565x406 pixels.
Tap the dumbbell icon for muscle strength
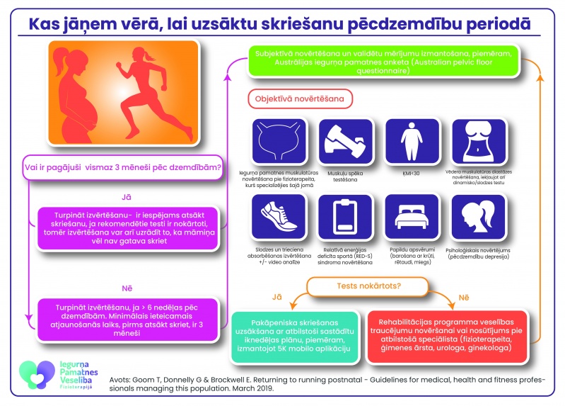pyautogui.click(x=341, y=142)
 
